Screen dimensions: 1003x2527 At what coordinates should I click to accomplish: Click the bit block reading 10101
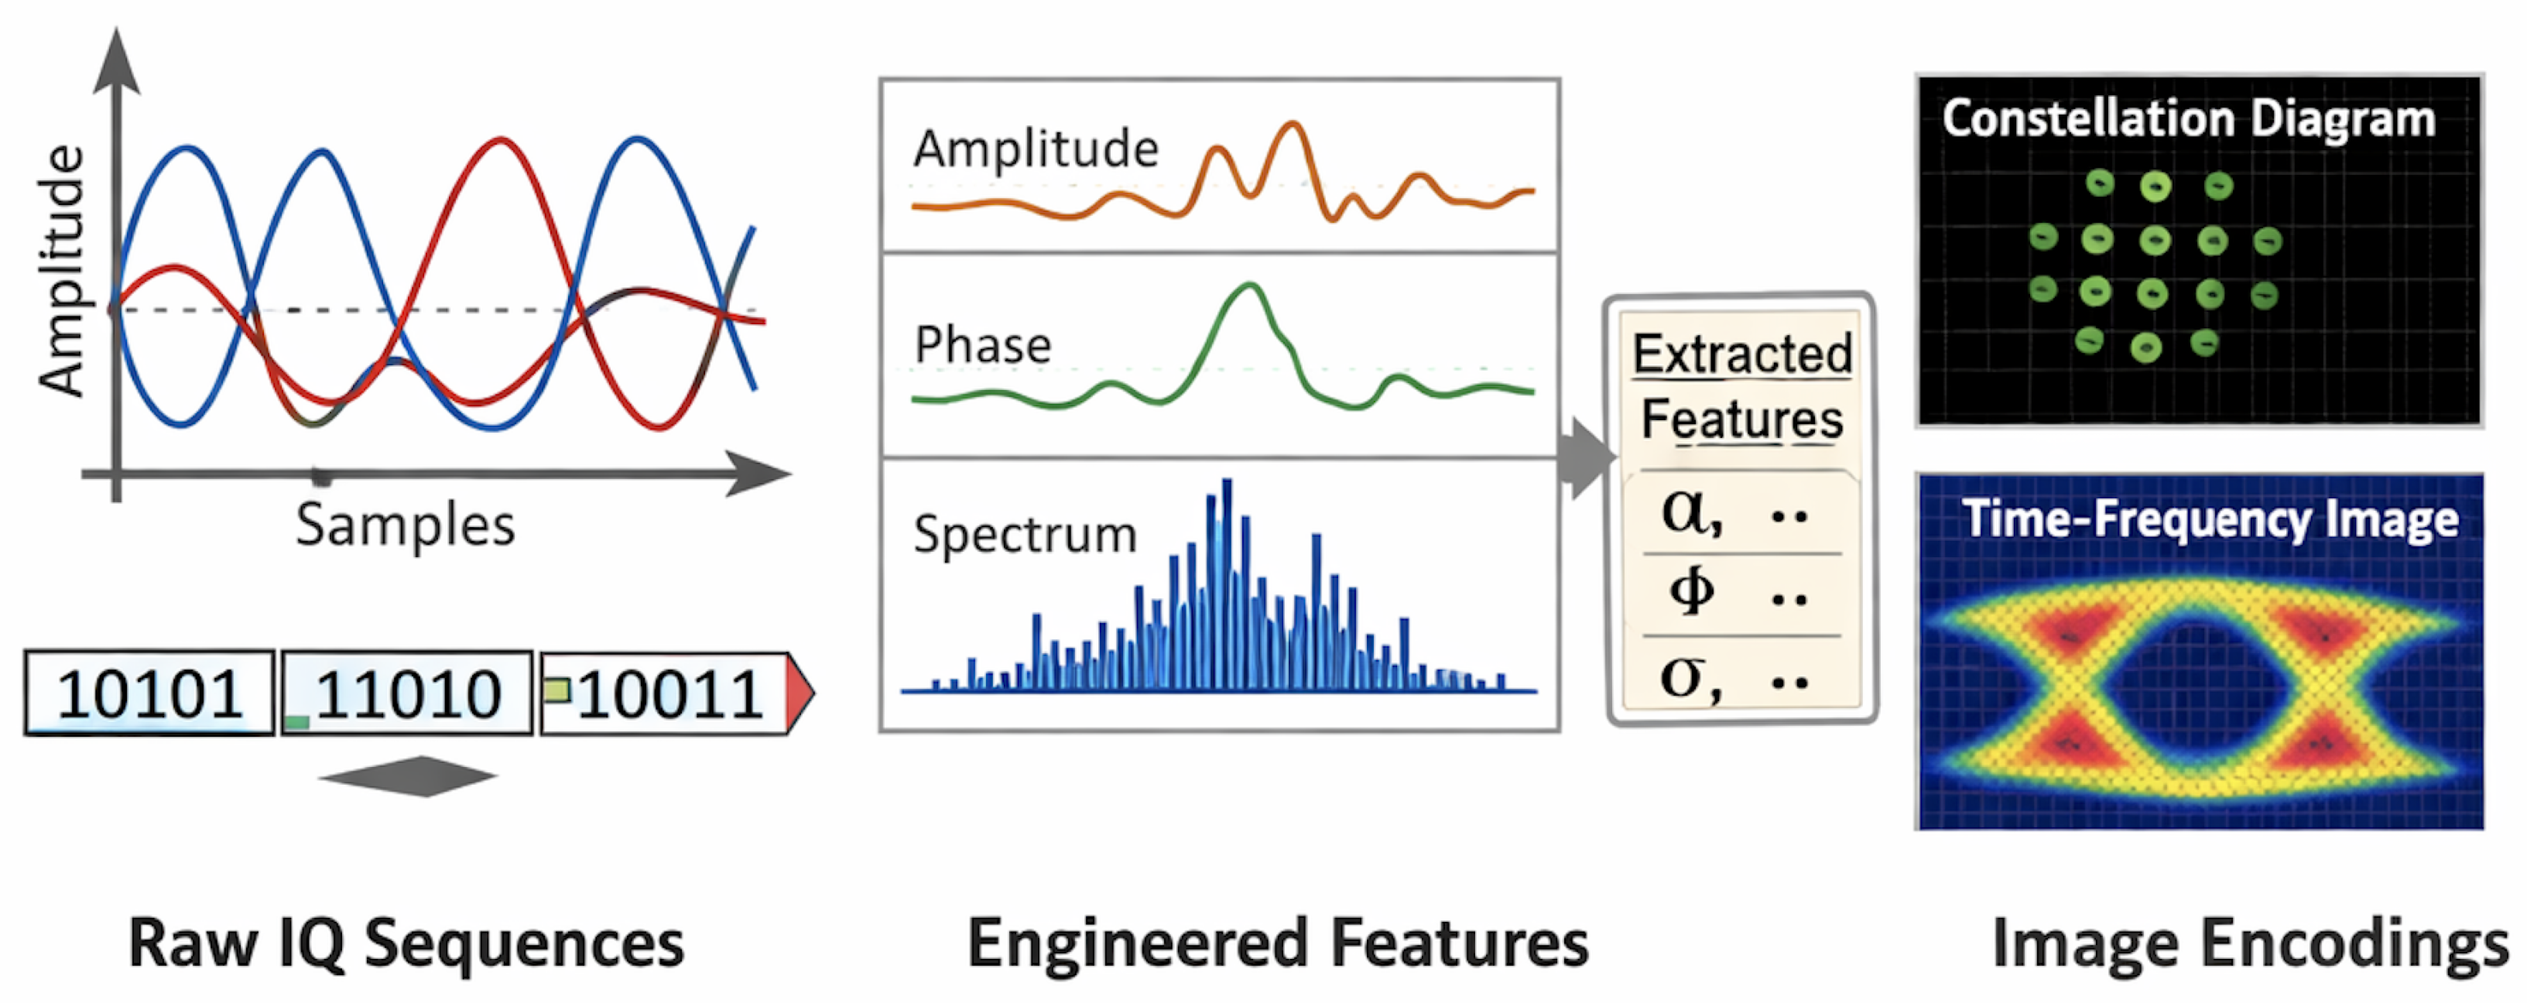pyautogui.click(x=149, y=693)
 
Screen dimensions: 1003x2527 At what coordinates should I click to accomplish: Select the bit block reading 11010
pyautogui.click(x=407, y=693)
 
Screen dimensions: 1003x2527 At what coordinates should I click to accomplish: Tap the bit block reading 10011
pyautogui.click(x=667, y=693)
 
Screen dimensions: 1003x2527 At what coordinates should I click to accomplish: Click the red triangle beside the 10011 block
pyautogui.click(x=799, y=693)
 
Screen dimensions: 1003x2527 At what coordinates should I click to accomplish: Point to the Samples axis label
pyautogui.click(x=405, y=525)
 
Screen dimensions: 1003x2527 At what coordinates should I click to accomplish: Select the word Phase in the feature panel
pyautogui.click(x=982, y=345)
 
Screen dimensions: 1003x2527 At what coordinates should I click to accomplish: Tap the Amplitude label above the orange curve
pyautogui.click(x=1035, y=149)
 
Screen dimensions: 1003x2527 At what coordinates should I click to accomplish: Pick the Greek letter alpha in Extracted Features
pyautogui.click(x=1690, y=512)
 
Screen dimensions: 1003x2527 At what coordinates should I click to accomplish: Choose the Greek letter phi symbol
pyautogui.click(x=1691, y=591)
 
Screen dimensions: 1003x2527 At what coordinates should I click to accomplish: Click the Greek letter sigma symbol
pyautogui.click(x=1687, y=676)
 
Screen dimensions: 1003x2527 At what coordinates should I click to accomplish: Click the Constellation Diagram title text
pyautogui.click(x=2187, y=118)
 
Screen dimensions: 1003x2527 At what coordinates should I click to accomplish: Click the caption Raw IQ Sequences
pyautogui.click(x=406, y=943)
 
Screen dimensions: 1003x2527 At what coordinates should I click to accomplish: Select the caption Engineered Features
pyautogui.click(x=1277, y=943)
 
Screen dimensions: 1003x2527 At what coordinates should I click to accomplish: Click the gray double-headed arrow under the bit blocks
pyautogui.click(x=408, y=776)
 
